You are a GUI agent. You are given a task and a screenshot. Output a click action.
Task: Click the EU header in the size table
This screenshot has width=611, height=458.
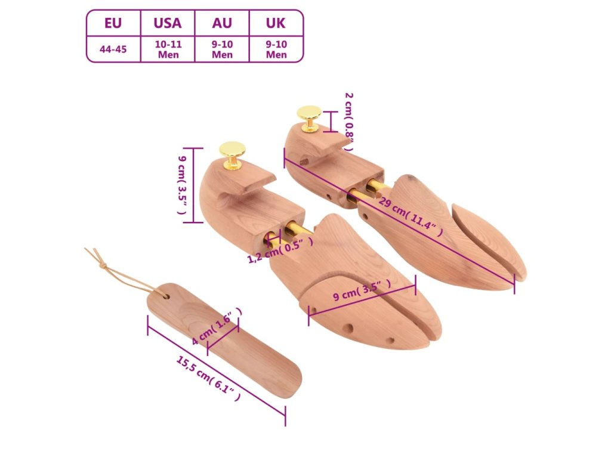click(113, 23)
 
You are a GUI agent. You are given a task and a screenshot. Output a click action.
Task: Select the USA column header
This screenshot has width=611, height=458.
click(167, 23)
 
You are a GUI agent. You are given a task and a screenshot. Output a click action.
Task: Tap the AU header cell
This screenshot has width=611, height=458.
click(222, 23)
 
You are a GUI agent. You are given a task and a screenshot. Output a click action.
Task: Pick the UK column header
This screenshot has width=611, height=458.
click(276, 23)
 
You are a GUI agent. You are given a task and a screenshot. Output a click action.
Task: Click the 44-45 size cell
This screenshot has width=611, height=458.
click(113, 49)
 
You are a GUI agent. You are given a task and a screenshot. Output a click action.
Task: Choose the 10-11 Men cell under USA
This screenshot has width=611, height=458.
click(168, 49)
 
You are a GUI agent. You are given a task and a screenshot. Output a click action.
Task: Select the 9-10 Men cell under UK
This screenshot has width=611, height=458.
click(276, 49)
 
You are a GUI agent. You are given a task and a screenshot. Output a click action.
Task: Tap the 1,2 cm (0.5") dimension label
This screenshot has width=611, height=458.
click(280, 250)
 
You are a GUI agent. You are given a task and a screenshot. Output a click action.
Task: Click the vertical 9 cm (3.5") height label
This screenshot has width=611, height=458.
click(183, 185)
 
